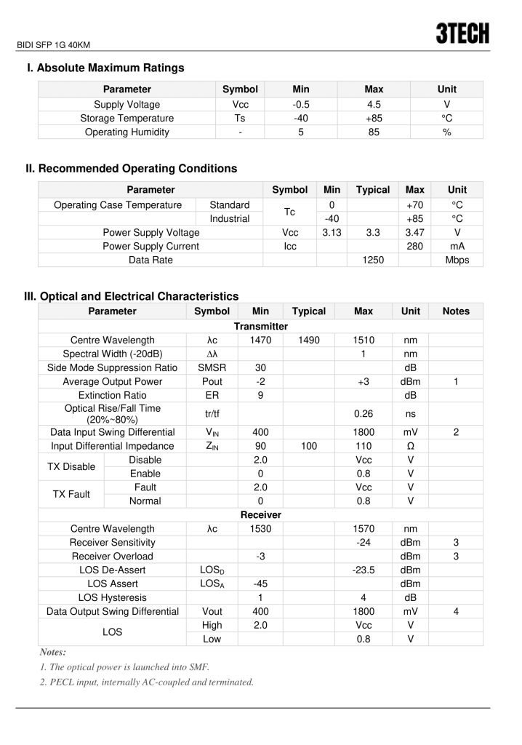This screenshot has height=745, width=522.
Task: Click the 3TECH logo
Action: [462, 33]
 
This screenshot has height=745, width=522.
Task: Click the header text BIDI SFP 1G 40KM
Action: [53, 45]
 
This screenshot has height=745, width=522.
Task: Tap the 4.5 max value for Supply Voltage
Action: [373, 104]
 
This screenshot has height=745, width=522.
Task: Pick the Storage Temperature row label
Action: [127, 118]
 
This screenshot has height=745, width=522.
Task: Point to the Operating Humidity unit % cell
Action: [446, 132]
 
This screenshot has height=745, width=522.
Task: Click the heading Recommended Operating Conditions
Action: [131, 168]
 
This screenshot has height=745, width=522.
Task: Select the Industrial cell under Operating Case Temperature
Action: [229, 218]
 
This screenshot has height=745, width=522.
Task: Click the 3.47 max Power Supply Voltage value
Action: [414, 232]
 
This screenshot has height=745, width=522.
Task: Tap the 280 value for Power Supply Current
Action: [414, 246]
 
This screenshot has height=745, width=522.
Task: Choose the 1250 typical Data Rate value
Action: [372, 260]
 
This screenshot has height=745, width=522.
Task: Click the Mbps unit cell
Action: [457, 260]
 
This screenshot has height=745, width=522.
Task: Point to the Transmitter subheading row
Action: [260, 326]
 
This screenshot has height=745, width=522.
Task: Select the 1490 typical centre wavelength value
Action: [308, 340]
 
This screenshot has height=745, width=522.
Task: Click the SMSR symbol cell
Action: [212, 367]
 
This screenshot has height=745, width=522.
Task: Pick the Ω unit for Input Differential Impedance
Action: [410, 445]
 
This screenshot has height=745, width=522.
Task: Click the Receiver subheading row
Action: [260, 514]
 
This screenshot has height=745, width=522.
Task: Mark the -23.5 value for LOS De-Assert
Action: [363, 570]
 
